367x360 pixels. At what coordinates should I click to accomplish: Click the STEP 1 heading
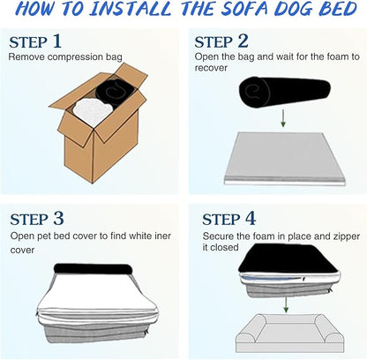tap(35, 41)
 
